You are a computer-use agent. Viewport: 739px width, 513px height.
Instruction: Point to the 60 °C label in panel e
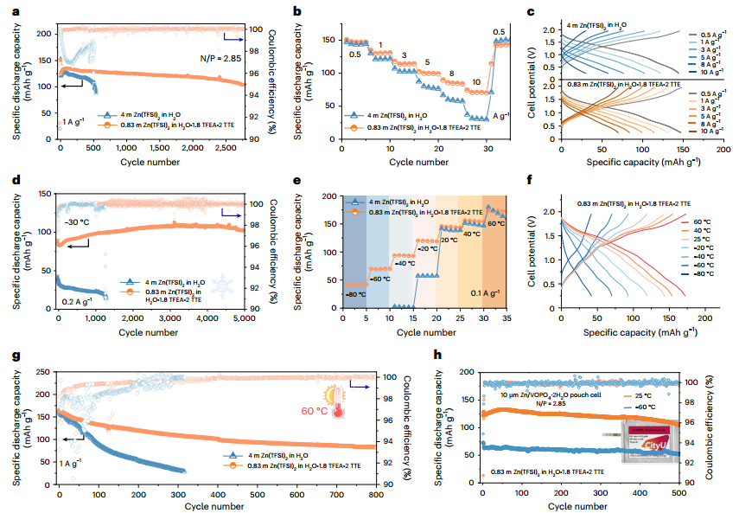493,223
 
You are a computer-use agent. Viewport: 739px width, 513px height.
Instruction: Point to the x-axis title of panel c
619,162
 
